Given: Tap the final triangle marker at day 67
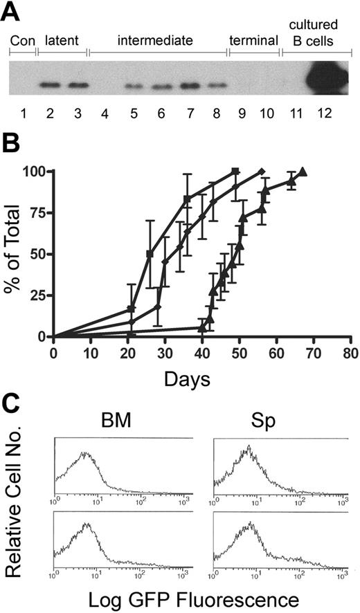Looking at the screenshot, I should pyautogui.click(x=303, y=172).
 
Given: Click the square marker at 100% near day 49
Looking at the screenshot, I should pyautogui.click(x=235, y=171).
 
